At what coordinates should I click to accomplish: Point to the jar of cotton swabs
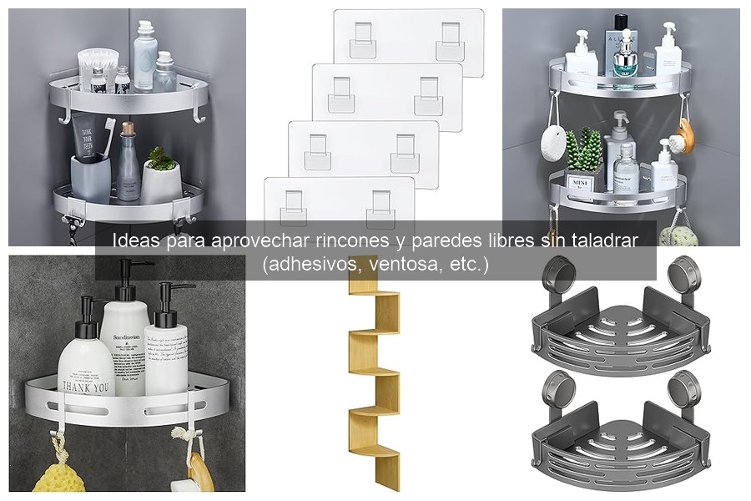pyautogui.click(x=98, y=67)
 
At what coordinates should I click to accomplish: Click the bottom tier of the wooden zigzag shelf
pyautogui.click(x=380, y=456)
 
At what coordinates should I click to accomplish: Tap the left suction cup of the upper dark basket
pyautogui.click(x=553, y=272)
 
